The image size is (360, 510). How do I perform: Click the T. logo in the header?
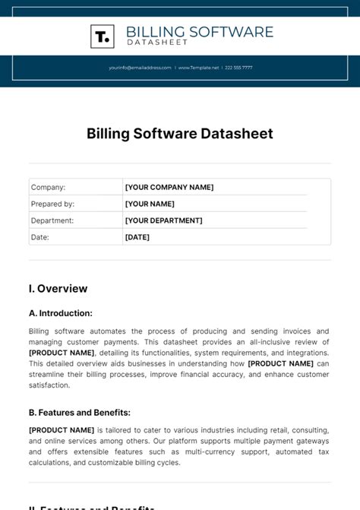pyautogui.click(x=102, y=36)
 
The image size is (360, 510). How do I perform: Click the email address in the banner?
pyautogui.click(x=140, y=68)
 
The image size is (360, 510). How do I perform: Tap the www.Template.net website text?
pyautogui.click(x=199, y=68)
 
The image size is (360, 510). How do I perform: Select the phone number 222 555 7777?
pyautogui.click(x=238, y=68)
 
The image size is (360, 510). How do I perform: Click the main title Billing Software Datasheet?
pyautogui.click(x=179, y=134)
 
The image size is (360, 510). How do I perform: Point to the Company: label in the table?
pyautogui.click(x=48, y=187)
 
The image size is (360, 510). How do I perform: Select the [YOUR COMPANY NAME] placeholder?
pyautogui.click(x=169, y=187)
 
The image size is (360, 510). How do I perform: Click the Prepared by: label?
pyautogui.click(x=52, y=204)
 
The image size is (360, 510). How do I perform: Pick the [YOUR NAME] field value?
pyautogui.click(x=150, y=204)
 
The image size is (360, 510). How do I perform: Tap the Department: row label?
pyautogui.click(x=52, y=220)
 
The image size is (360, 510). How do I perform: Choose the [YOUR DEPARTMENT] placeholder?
pyautogui.click(x=163, y=220)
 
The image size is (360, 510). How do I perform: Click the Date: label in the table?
pyautogui.click(x=39, y=237)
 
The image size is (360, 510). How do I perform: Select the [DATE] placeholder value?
pyautogui.click(x=137, y=237)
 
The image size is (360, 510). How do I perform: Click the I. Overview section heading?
pyautogui.click(x=58, y=289)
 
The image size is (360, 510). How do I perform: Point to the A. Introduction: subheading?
pyautogui.click(x=61, y=313)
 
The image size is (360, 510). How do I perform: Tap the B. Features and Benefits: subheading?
pyautogui.click(x=80, y=413)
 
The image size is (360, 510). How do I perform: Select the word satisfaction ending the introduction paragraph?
pyautogui.click(x=49, y=385)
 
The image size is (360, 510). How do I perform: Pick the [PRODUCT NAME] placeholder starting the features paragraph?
pyautogui.click(x=62, y=430)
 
